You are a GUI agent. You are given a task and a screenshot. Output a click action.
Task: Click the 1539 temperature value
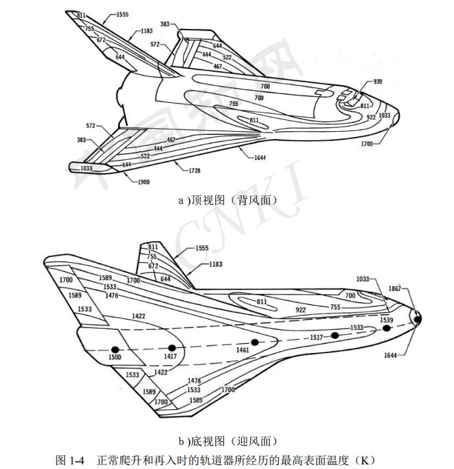tap(387, 319)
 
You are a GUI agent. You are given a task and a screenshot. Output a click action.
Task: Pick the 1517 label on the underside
tap(318, 337)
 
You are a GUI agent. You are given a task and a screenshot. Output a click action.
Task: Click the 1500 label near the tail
tap(114, 357)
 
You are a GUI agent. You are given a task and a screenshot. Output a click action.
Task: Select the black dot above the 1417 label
tap(171, 348)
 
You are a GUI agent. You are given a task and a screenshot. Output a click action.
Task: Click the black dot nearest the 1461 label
tap(254, 342)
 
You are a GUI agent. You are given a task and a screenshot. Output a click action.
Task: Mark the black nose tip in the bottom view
tap(417, 319)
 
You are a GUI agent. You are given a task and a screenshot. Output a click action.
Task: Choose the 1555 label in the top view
tap(121, 14)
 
